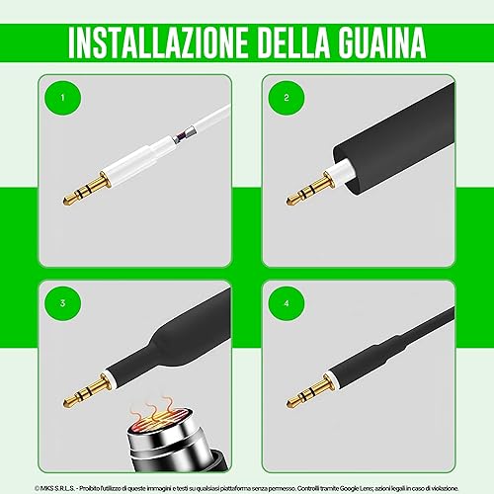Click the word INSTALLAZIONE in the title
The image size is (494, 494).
[158, 42]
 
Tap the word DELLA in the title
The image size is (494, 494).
[293, 42]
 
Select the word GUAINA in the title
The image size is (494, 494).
[382, 42]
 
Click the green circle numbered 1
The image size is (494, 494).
[63, 98]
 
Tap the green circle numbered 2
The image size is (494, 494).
[287, 98]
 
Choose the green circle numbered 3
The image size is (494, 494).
[63, 303]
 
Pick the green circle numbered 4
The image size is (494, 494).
[287, 303]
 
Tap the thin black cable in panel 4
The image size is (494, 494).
[428, 326]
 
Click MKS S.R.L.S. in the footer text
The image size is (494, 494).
[57, 488]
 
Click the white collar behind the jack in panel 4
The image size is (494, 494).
[331, 377]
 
